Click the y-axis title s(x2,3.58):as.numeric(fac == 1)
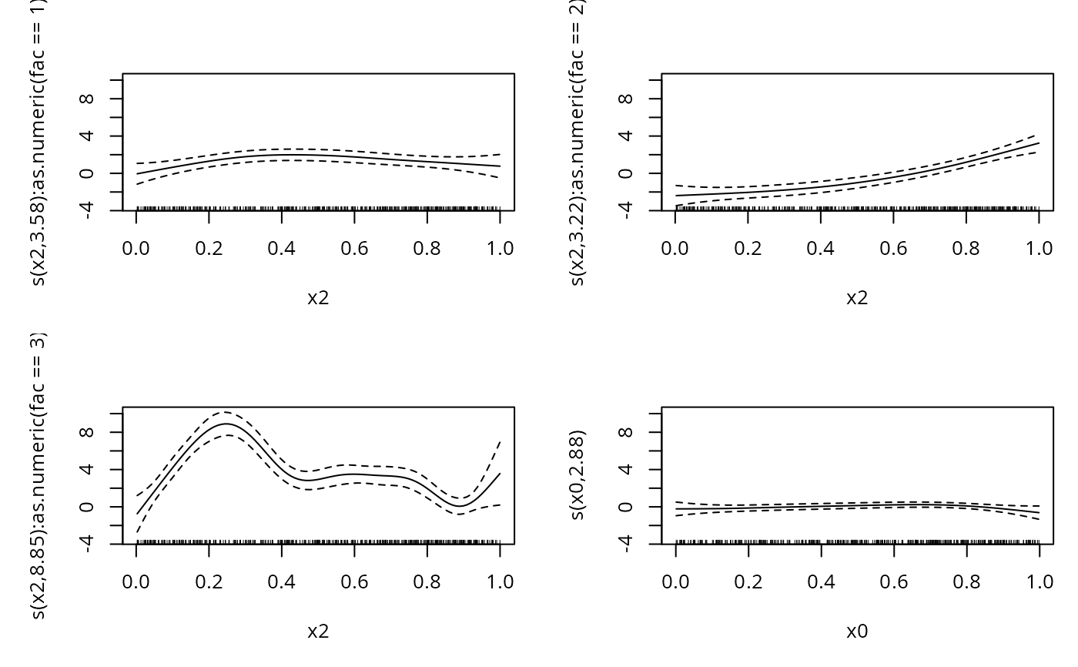coord(39,142)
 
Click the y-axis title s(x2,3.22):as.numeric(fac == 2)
coord(578,142)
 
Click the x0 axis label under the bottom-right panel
coord(857,632)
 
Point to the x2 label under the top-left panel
coord(318,298)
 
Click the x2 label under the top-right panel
coord(857,298)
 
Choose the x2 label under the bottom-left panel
coord(318,632)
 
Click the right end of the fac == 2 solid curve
coord(1039,143)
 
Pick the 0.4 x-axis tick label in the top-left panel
coord(282,247)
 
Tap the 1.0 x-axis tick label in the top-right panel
coord(1039,247)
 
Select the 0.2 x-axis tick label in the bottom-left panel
coord(209,581)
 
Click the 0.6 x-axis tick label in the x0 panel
coord(893,581)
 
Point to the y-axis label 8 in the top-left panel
coord(87,99)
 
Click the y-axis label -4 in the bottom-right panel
coord(626,544)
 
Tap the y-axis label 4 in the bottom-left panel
coord(87,469)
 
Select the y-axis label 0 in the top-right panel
coord(626,173)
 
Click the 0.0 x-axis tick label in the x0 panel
coord(675,581)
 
